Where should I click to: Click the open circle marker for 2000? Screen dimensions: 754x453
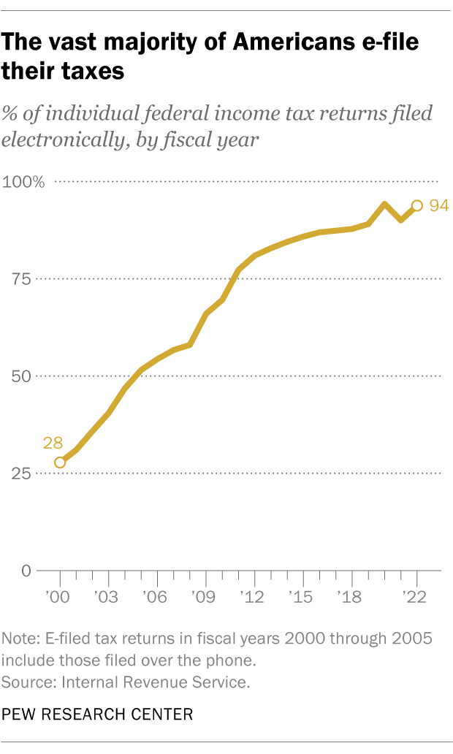[x=60, y=462]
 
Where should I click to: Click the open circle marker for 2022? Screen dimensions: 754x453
[x=416, y=206]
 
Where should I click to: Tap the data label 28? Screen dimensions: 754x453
[x=53, y=443]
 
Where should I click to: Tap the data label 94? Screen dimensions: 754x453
[x=438, y=206]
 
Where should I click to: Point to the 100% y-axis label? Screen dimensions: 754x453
[x=25, y=182]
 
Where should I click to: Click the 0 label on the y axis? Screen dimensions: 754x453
[x=25, y=571]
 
